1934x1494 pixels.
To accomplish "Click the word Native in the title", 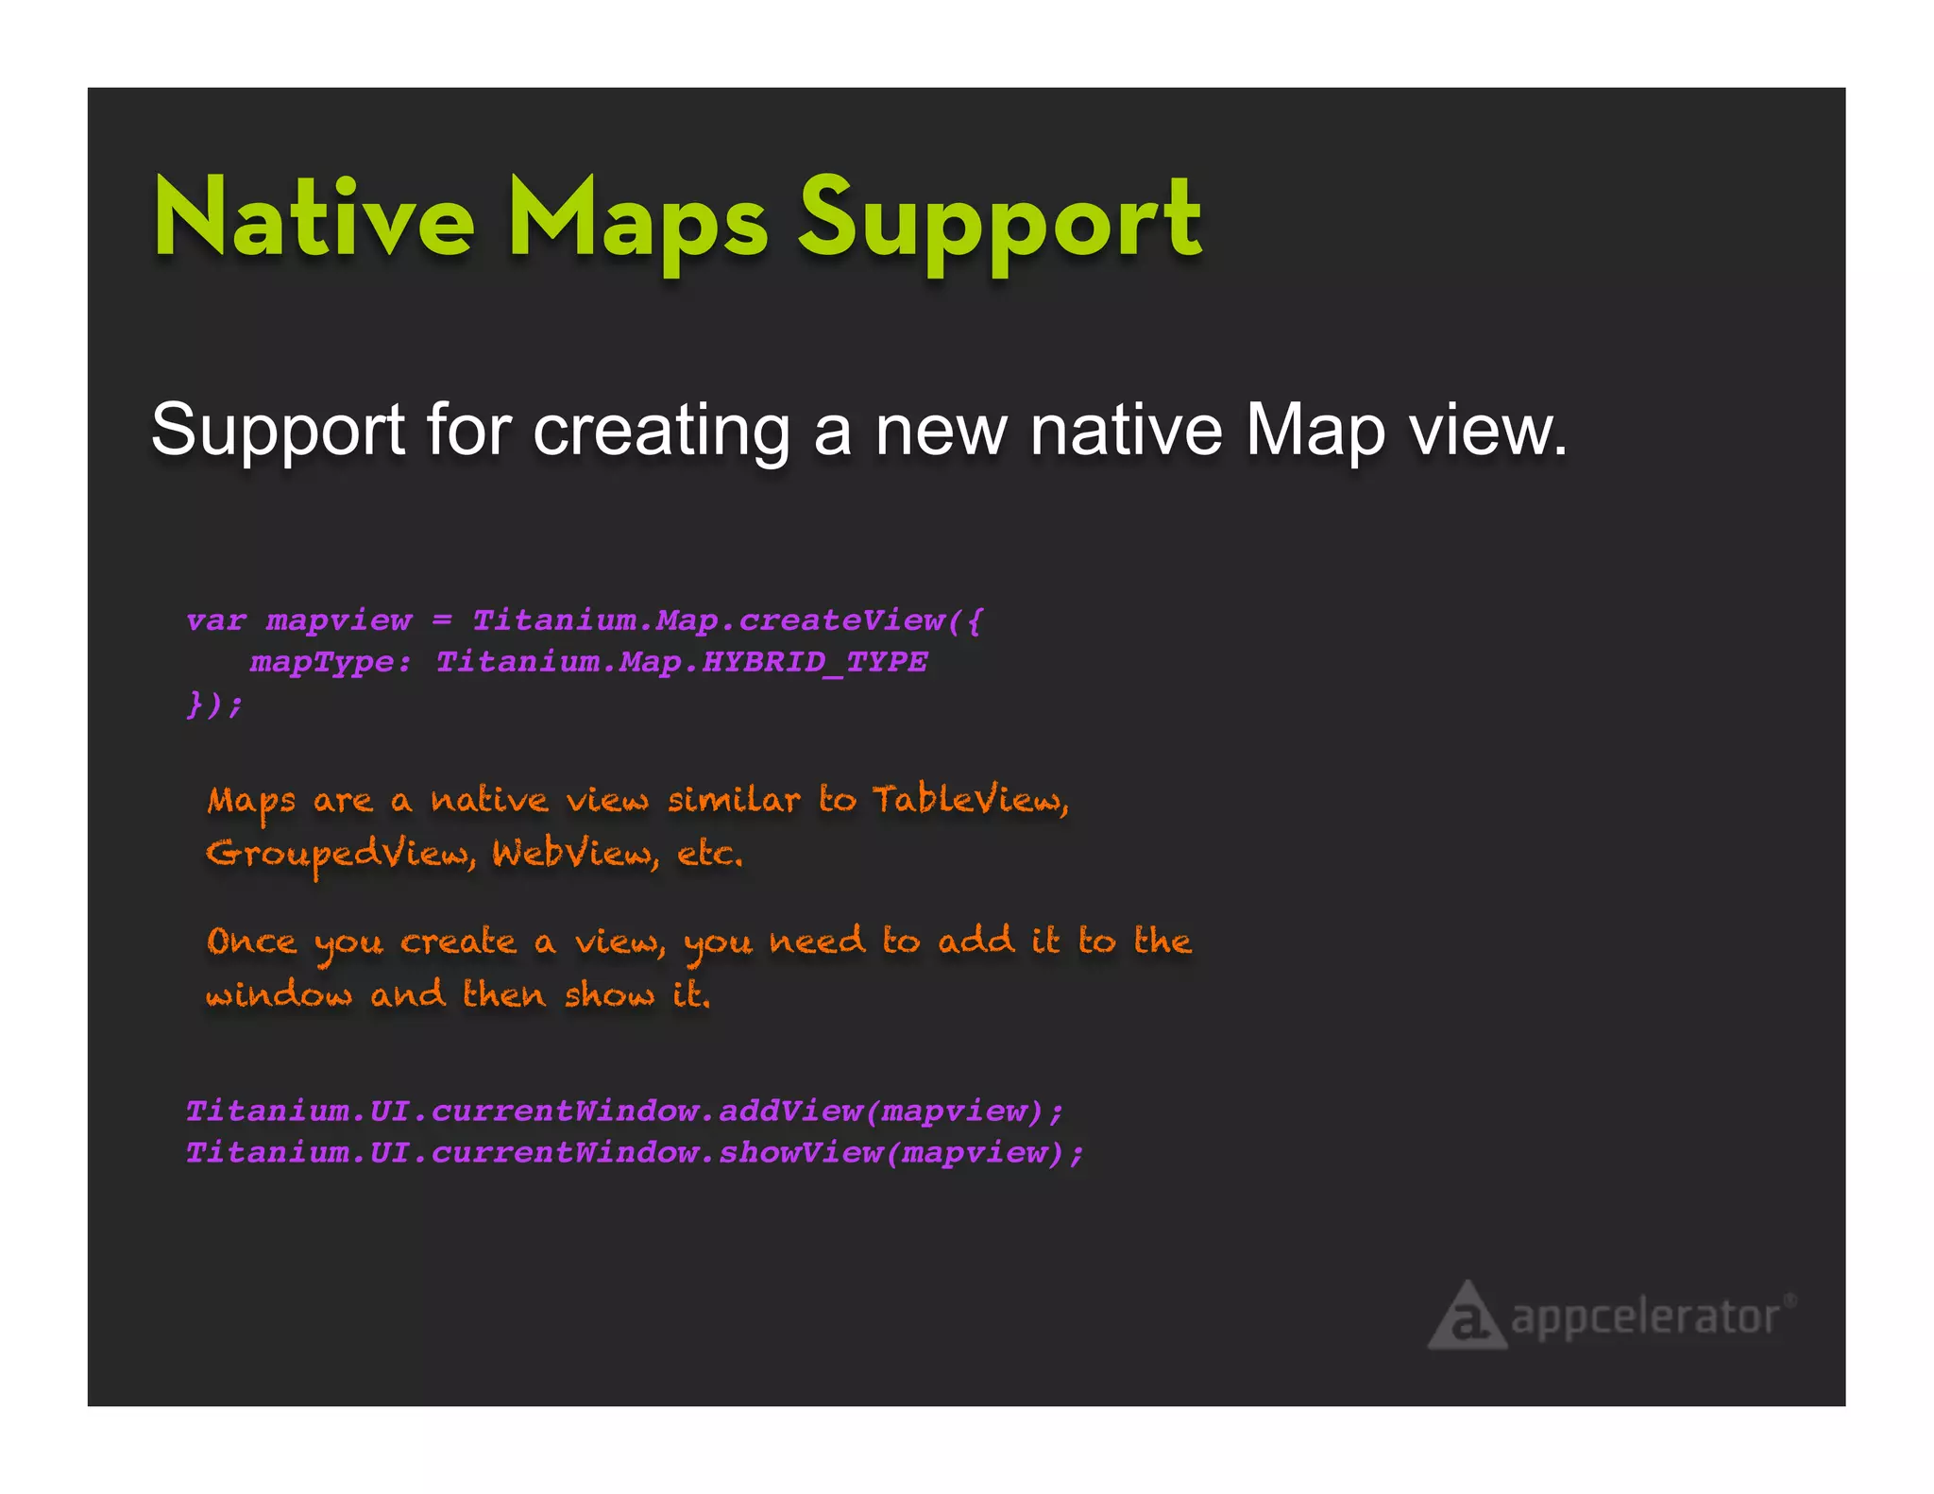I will tap(314, 219).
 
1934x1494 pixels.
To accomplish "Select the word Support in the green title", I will tap(999, 222).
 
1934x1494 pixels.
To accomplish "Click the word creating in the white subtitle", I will tap(660, 431).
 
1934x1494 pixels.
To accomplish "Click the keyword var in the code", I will tap(216, 620).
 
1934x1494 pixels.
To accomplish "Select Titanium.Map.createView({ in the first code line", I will tap(727, 620).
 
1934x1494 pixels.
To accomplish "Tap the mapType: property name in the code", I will tap(330, 662).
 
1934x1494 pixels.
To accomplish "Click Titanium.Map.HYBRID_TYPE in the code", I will tap(681, 662).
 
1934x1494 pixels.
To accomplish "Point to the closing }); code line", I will tap(214, 704).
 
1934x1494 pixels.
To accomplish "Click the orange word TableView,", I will tap(970, 800).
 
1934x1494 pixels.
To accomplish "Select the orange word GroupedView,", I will tap(341, 854).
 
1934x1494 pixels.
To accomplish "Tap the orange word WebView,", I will tap(575, 854).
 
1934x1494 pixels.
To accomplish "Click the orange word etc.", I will tap(710, 854).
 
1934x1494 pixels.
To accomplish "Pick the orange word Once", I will tap(251, 942).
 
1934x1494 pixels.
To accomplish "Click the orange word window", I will tap(279, 994).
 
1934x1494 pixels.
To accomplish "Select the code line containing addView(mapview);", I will tap(624, 1111).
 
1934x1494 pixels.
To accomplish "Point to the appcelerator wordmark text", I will tap(1646, 1317).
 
